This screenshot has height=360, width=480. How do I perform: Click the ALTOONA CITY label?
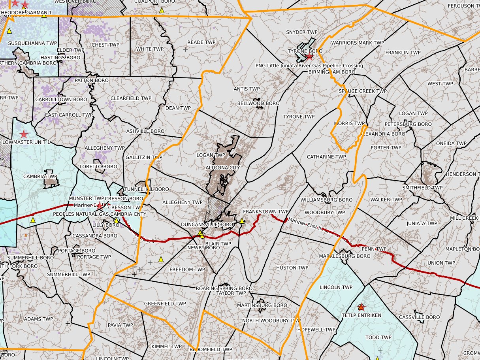point(223,168)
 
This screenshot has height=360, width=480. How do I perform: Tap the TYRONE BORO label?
point(305,51)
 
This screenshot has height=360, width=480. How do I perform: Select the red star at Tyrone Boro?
point(310,56)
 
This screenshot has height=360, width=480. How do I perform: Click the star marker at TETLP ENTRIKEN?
point(361,307)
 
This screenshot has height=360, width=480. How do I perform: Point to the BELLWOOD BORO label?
point(258,104)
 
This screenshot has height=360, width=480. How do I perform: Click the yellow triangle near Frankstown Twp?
point(242,221)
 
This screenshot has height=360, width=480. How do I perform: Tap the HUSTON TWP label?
point(292,268)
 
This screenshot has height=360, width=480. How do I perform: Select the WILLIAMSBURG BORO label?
point(326,200)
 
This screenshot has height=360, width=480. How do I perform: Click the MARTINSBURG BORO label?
point(262,305)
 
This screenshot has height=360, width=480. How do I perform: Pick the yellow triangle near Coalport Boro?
point(162,10)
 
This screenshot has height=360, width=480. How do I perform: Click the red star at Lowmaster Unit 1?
point(24,134)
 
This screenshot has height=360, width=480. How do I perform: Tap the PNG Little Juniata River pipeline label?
point(309,66)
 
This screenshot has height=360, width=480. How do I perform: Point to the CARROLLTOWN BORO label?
point(61,99)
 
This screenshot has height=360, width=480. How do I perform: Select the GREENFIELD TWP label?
point(165,303)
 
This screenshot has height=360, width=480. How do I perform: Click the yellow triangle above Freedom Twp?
point(161,259)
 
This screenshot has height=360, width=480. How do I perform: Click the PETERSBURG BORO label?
point(408,124)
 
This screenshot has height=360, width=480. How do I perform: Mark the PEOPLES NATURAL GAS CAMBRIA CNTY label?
point(100,214)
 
